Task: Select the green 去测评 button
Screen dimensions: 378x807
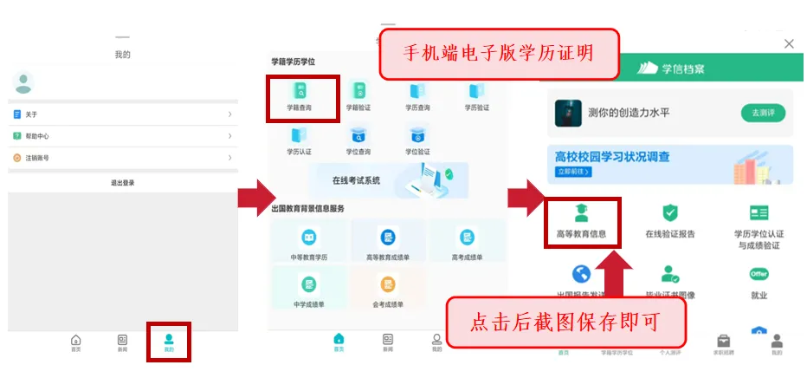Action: pos(762,113)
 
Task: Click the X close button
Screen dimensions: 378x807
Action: pos(788,43)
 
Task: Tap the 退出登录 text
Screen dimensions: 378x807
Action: pos(122,183)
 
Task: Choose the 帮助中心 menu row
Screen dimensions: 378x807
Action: pos(122,136)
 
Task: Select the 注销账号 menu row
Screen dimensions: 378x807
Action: pos(122,158)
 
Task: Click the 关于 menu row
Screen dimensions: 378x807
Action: pos(122,114)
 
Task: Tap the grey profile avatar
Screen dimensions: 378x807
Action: pos(23,83)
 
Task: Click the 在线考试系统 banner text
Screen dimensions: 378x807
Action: pos(356,181)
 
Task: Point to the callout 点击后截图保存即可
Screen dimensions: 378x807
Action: pos(565,323)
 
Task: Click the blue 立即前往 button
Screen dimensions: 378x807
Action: pos(573,172)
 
